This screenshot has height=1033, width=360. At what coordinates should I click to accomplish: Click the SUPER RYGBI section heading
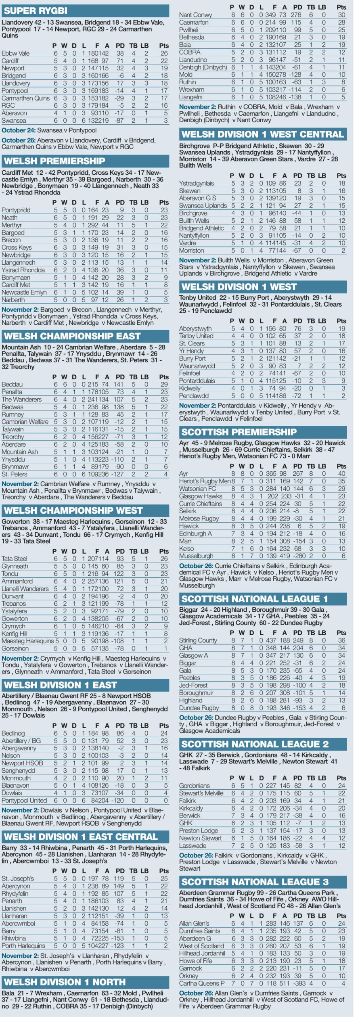pos(35,11)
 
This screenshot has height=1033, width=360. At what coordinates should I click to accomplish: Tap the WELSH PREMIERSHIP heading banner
pos(54,161)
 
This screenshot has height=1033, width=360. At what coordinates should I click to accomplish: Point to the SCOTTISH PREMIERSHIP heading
pos(239,432)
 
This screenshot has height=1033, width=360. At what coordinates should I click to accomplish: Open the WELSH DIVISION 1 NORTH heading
pos(65,982)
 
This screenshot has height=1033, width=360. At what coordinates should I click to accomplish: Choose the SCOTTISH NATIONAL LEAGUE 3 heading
pos(255,882)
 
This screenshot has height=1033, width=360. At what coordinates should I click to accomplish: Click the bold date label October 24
pos(18,130)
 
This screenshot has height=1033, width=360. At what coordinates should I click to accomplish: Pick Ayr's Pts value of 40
pos(341,474)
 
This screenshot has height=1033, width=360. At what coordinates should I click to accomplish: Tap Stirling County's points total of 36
pos(341,640)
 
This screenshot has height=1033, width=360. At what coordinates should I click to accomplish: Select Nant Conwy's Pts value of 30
pos(341,15)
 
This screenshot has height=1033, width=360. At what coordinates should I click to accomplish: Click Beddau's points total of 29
pos(164,384)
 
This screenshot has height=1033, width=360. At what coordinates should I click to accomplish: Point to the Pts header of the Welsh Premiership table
pos(164,202)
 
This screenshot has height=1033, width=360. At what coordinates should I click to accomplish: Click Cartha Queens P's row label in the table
pos(202,983)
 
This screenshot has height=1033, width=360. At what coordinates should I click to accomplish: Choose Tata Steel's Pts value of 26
pos(164,558)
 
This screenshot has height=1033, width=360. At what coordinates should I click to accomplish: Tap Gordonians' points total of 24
pos(341,786)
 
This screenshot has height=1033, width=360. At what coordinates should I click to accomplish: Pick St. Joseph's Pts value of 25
pos(164,878)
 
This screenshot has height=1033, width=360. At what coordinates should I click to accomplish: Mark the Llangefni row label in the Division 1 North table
pos(191,97)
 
